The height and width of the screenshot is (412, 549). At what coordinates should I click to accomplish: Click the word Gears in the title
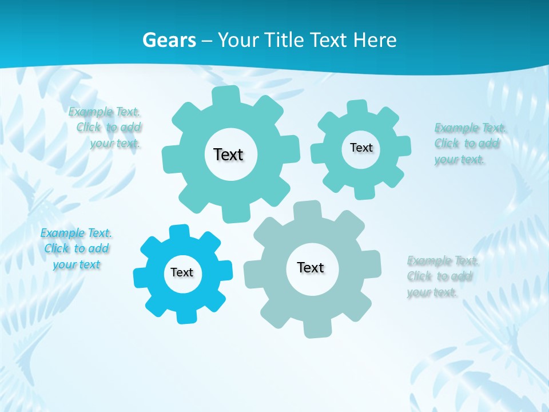pos(169,40)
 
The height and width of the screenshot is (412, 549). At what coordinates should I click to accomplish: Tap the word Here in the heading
pos(375,40)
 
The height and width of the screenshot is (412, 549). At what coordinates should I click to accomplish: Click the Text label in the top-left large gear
pos(228,154)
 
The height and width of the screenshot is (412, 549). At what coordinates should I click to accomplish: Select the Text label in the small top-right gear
pos(361,148)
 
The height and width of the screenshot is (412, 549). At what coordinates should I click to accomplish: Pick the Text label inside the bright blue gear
pos(182,272)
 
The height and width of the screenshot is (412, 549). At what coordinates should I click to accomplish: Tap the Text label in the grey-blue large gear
pos(311,267)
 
